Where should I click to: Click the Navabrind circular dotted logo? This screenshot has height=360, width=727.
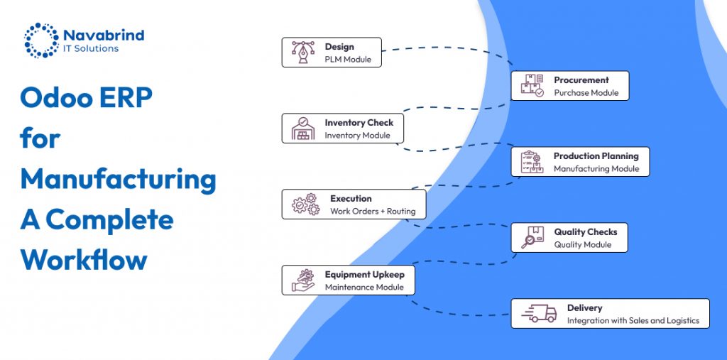41,40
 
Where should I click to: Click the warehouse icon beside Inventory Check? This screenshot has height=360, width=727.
303,129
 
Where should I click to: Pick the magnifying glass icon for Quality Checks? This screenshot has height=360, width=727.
532,238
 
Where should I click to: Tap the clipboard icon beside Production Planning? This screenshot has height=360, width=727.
532,162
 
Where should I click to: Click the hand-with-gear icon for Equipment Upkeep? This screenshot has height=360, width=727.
303,280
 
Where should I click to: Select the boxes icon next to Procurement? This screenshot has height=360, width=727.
532,86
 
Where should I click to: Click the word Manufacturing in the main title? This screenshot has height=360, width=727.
118,179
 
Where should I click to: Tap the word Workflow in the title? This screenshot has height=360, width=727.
84,259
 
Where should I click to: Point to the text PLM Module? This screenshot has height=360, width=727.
348,60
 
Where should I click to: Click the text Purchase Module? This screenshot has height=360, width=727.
586,93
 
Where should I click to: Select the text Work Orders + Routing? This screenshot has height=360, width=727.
373,212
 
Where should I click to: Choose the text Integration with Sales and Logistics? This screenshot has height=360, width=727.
633,321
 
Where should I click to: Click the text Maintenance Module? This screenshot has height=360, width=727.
364,288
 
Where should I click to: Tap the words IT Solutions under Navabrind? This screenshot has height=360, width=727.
91,48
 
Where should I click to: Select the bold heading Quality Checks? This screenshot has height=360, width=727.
586,232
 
